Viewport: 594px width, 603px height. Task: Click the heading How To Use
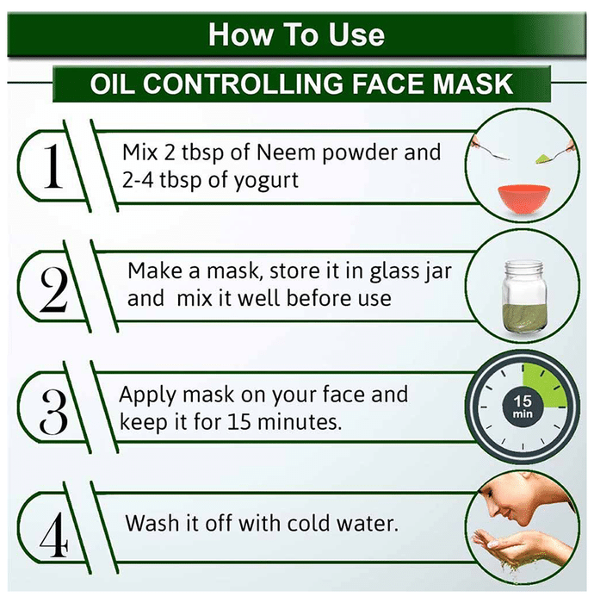[296, 35]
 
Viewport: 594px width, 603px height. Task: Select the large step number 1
[53, 166]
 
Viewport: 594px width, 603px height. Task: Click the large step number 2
[53, 289]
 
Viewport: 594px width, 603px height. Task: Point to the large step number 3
[53, 412]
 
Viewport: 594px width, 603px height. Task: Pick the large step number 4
[53, 535]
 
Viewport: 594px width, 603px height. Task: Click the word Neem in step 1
[286, 152]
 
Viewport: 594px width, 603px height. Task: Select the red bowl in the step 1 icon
[523, 200]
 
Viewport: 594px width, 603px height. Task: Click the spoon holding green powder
[554, 153]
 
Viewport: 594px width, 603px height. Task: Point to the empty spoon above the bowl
[491, 151]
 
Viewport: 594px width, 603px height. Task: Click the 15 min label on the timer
[523, 407]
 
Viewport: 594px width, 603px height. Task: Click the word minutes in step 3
[300, 422]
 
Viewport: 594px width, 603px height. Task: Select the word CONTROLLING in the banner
[243, 84]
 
